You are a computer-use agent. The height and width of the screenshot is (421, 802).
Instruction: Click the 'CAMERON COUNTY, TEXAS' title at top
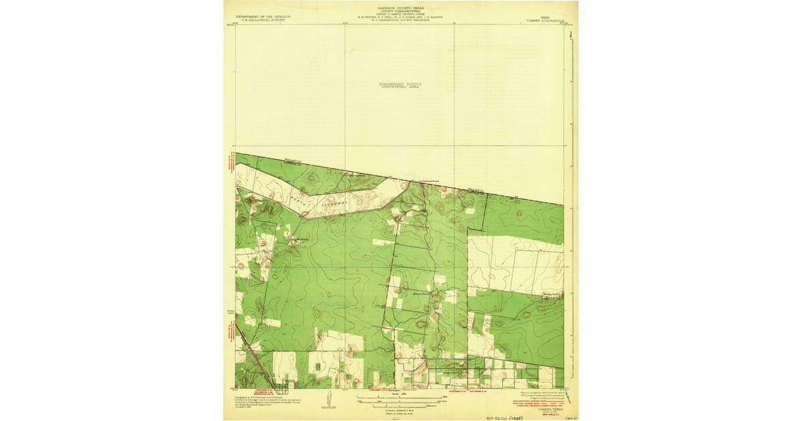click(x=401, y=8)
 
